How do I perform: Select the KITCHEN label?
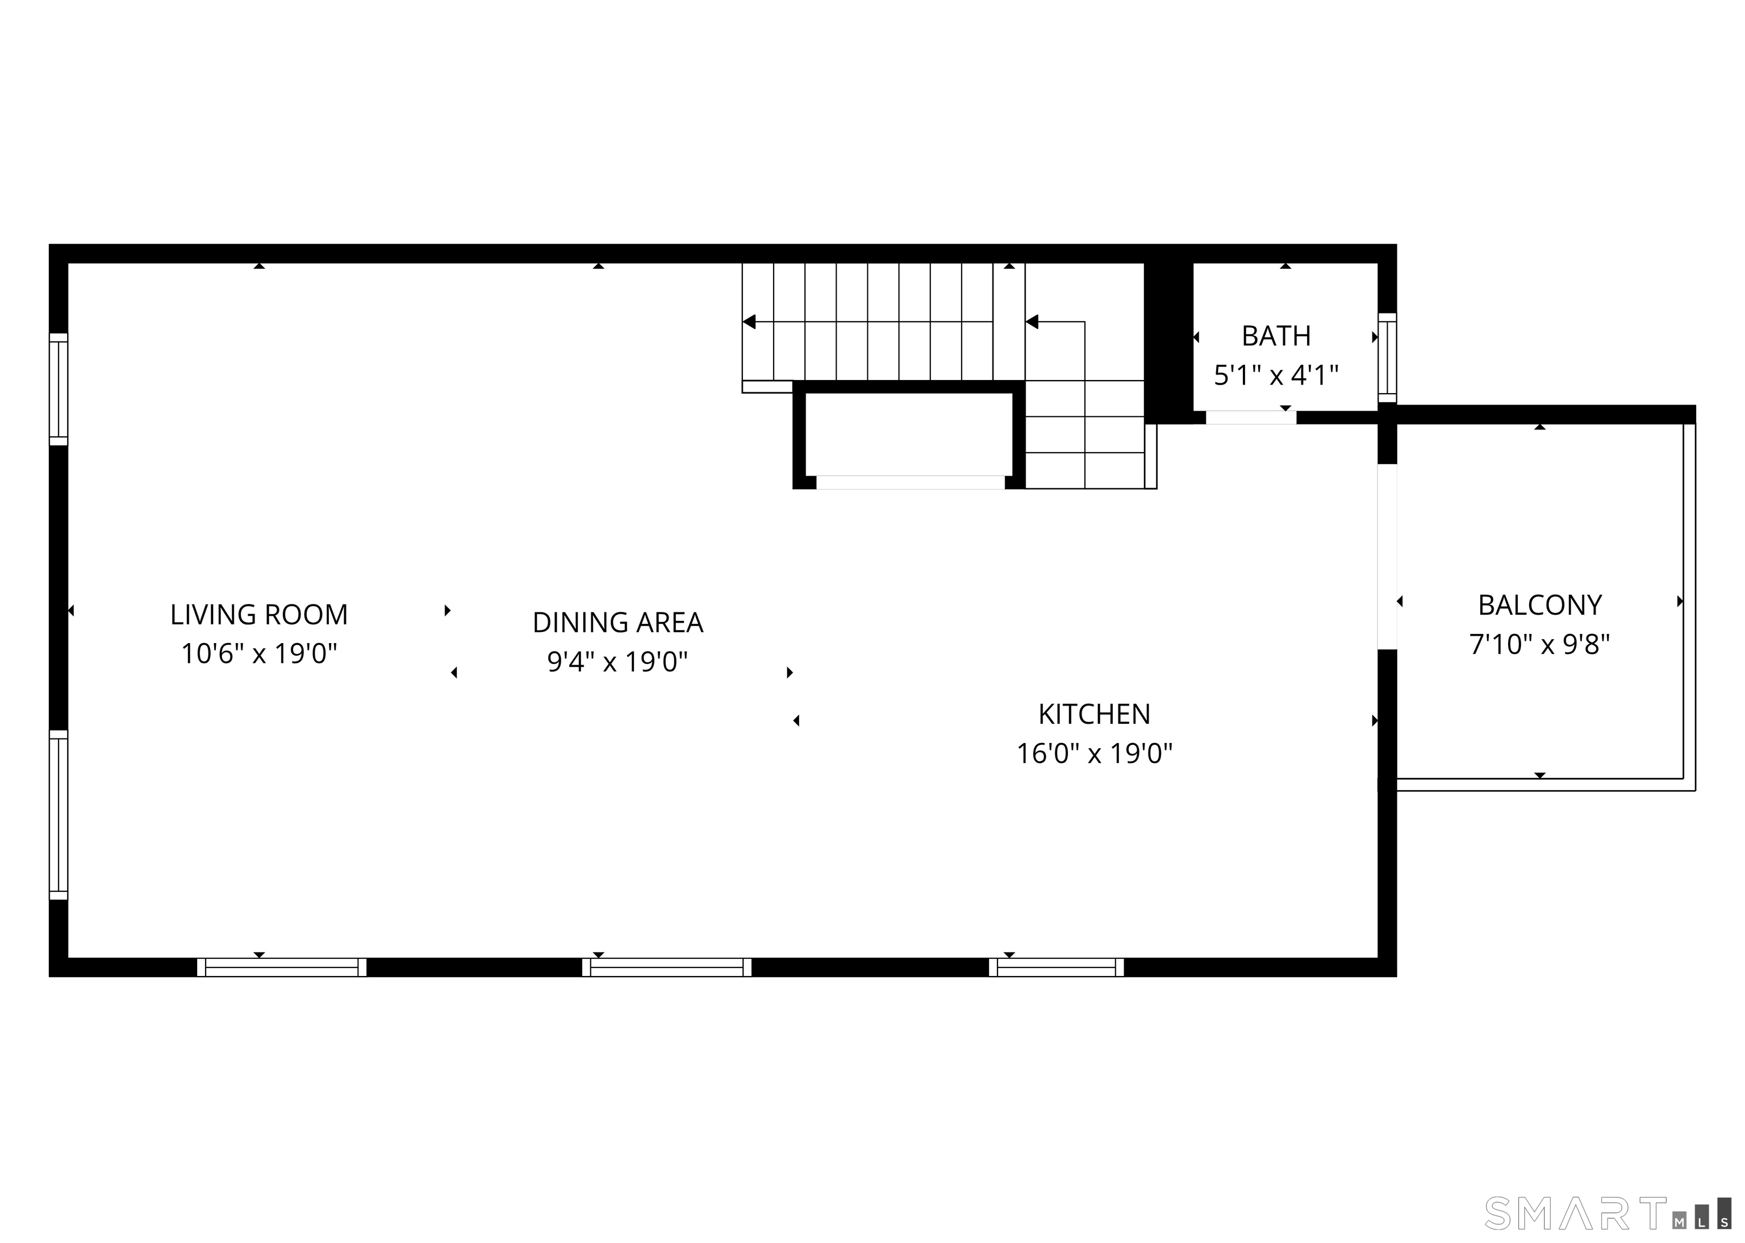pyautogui.click(x=1093, y=714)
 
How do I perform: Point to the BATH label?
pyautogui.click(x=1276, y=336)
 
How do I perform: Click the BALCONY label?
pyautogui.click(x=1539, y=606)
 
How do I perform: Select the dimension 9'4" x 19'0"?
pyautogui.click(x=617, y=661)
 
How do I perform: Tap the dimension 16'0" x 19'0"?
pyautogui.click(x=1093, y=753)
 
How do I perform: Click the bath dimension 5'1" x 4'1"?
pyautogui.click(x=1276, y=375)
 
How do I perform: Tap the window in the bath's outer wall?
pyautogui.click(x=1387, y=357)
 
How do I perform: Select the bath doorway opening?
pyautogui.click(x=1251, y=417)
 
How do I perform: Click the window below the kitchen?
pyautogui.click(x=1056, y=967)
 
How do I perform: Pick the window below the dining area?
pyautogui.click(x=667, y=967)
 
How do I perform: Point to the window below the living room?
pyautogui.click(x=282, y=967)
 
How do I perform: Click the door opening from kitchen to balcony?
pyautogui.click(x=1387, y=556)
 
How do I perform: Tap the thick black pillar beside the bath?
pyautogui.click(x=1168, y=341)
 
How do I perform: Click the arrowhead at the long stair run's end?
pyautogui.click(x=749, y=322)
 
